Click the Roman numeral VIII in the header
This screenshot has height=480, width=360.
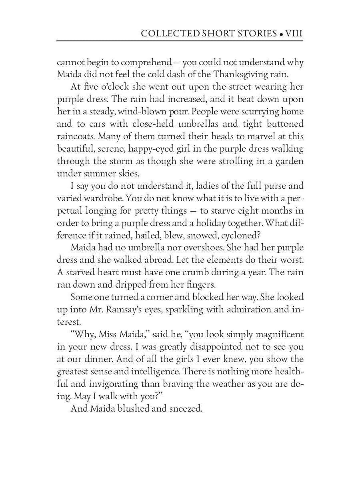tap(294, 34)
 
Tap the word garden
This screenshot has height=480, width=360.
tap(289, 161)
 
